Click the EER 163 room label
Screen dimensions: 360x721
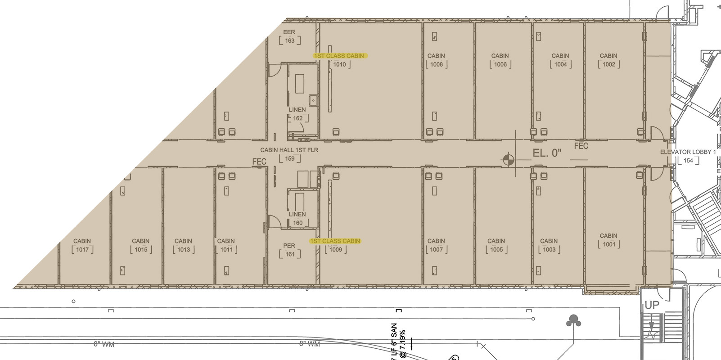(289, 36)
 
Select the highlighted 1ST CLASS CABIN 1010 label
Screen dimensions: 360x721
(340, 56)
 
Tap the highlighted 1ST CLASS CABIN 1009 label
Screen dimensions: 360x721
(335, 241)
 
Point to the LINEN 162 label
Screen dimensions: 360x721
(297, 114)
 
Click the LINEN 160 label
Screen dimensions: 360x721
(297, 218)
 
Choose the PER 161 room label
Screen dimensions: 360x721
(289, 250)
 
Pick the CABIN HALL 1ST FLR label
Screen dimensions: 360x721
(289, 150)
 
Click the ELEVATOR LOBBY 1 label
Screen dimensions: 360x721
(688, 152)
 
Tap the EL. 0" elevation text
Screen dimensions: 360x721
(547, 153)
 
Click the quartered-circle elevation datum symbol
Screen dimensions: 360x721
(508, 159)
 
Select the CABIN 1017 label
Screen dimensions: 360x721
(82, 245)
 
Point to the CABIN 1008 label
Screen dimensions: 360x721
(436, 60)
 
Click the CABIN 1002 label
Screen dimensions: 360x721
(608, 60)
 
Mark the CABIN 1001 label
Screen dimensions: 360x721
(608, 240)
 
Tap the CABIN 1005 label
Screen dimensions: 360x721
(496, 245)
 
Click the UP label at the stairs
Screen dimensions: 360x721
(652, 305)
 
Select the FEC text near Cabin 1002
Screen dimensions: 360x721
(581, 146)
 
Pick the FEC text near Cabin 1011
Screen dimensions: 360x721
(259, 162)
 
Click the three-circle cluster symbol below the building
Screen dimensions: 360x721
(573, 321)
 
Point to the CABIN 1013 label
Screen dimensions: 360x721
(184, 245)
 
